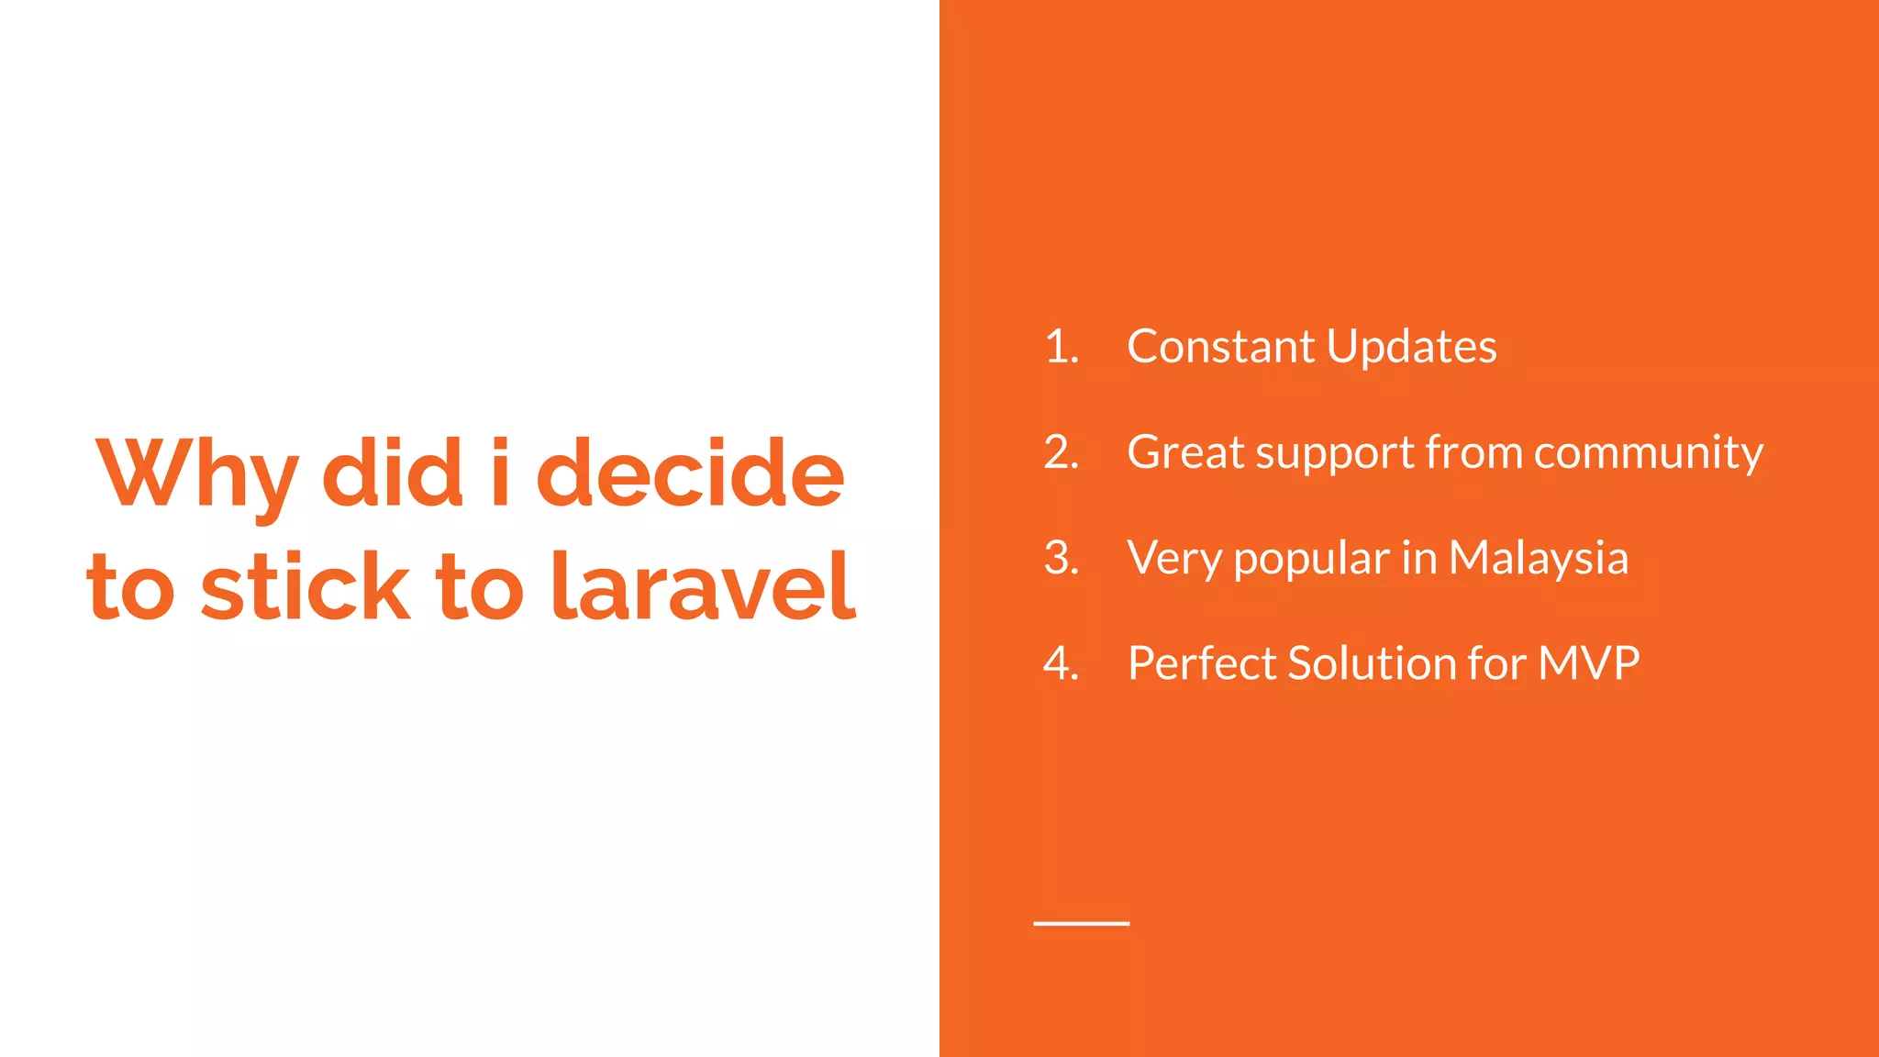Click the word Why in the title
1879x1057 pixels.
point(196,474)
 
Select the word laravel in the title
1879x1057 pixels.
point(703,586)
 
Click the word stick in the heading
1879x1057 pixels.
point(305,586)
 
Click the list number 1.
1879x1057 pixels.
point(1061,347)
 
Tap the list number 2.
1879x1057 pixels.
point(1061,452)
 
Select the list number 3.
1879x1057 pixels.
point(1061,558)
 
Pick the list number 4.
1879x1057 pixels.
point(1061,663)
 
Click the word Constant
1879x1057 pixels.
point(1220,347)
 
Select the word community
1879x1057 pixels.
point(1648,452)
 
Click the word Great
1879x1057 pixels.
point(1184,452)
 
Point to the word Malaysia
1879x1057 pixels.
point(1538,558)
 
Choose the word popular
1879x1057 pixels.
point(1311,560)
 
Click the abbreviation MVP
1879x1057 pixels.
point(1588,663)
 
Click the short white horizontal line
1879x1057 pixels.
point(1081,923)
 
